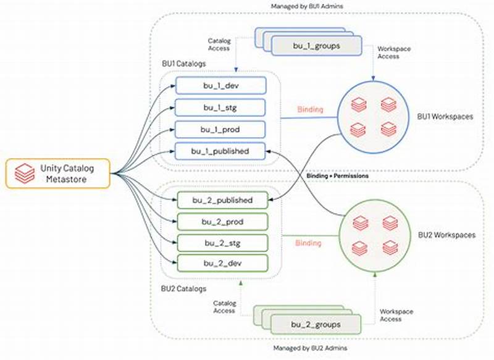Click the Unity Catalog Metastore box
pyautogui.click(x=58, y=174)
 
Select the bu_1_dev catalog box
pyautogui.click(x=220, y=85)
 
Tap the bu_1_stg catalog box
pyautogui.click(x=220, y=107)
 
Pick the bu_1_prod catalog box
pyautogui.click(x=220, y=128)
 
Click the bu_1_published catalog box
pyautogui.click(x=220, y=151)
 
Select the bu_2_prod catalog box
pyautogui.click(x=223, y=221)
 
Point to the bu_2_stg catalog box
pyautogui.click(x=223, y=242)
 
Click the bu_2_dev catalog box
pyautogui.click(x=223, y=264)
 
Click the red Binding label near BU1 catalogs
pyautogui.click(x=309, y=109)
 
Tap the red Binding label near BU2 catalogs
pyautogui.click(x=309, y=243)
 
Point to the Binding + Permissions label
pyautogui.click(x=338, y=176)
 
